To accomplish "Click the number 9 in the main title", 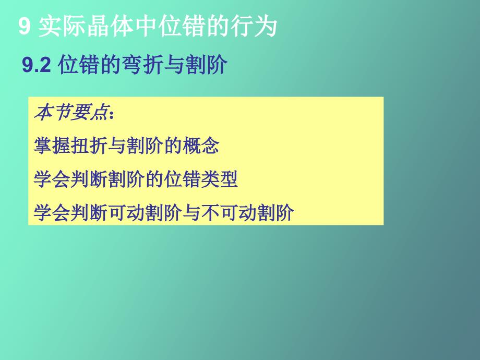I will pos(25,27).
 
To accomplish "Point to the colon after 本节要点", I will pos(110,114).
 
